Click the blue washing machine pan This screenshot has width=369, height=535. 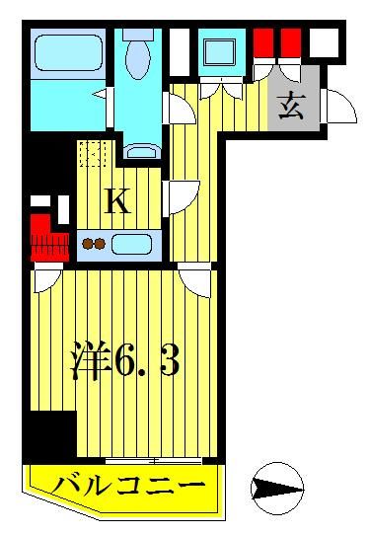pyautogui.click(x=218, y=49)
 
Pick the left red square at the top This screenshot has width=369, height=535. pyautogui.click(x=263, y=42)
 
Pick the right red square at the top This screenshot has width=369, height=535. pyautogui.click(x=292, y=42)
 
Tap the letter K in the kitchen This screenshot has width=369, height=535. pyautogui.click(x=116, y=202)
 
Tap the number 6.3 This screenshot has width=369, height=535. pyautogui.click(x=149, y=362)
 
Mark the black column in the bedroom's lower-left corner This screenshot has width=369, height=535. pyautogui.click(x=50, y=434)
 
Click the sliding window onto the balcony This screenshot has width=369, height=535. pyautogui.click(x=154, y=460)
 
